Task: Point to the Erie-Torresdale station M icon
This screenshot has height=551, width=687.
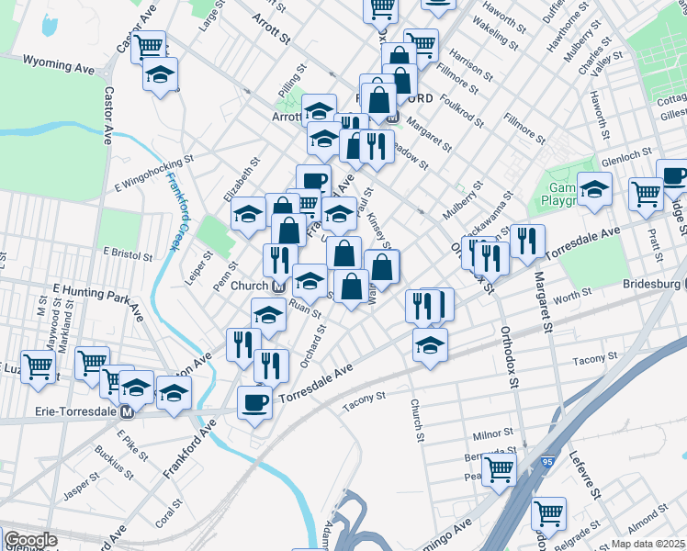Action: (x=127, y=411)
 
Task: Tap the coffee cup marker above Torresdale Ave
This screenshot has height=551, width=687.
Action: (x=254, y=401)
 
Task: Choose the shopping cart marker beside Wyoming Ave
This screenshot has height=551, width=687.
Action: (x=147, y=47)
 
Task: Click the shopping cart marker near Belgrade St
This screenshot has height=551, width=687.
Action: (x=548, y=513)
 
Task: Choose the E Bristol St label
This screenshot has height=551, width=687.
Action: (x=124, y=253)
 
